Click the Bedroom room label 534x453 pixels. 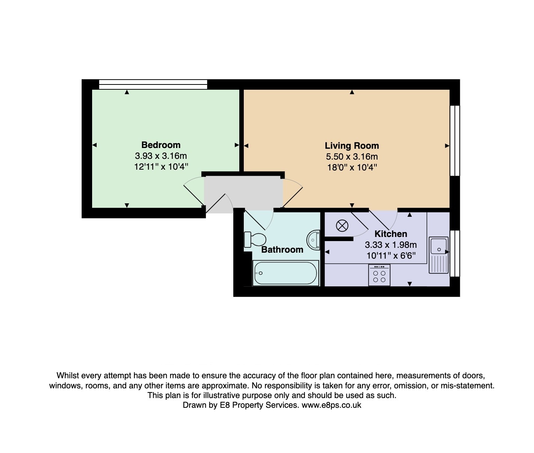tap(161, 145)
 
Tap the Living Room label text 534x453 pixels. tap(352, 146)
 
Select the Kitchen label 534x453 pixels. tap(391, 234)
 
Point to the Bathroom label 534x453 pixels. tap(282, 250)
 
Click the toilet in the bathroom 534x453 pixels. tap(255, 239)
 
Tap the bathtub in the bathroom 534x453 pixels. tap(285, 273)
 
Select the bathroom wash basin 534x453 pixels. tap(313, 240)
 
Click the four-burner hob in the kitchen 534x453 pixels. tap(379, 275)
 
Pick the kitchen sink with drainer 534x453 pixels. tap(439, 255)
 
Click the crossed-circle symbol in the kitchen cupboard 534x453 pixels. tap(342, 226)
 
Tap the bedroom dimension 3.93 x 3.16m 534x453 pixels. tap(161, 156)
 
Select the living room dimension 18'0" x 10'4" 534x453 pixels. tap(352, 167)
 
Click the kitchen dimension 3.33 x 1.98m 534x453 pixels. tap(391, 245)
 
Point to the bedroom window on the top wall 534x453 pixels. tap(153, 84)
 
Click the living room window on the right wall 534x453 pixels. tap(455, 141)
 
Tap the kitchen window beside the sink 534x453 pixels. tap(455, 253)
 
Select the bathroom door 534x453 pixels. tap(258, 219)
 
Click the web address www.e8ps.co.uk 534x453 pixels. tap(331, 405)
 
